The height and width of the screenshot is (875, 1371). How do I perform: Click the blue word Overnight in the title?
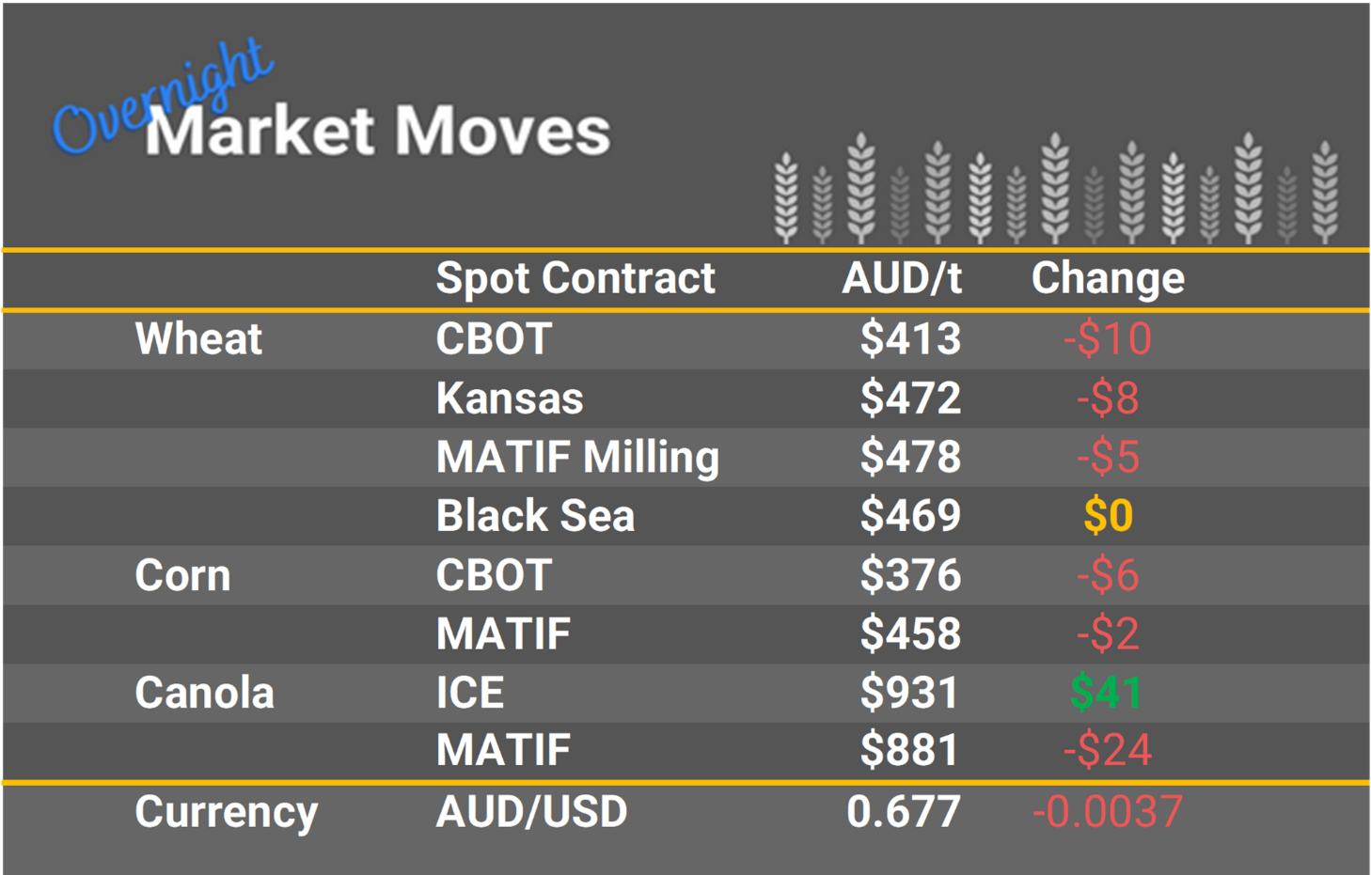160,99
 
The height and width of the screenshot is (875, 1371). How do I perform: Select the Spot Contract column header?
575,278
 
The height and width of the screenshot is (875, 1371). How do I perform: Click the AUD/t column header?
901,278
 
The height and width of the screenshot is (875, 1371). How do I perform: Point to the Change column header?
1107,278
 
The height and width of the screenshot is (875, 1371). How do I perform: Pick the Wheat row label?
198,339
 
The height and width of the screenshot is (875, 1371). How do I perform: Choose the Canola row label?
204,694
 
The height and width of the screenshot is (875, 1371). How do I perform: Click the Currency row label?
226,812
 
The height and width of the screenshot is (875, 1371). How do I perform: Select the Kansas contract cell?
509,398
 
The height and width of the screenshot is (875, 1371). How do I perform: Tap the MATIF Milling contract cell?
576,458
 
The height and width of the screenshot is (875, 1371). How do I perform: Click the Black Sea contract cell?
535,516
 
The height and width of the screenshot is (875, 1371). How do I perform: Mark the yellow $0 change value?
1108,516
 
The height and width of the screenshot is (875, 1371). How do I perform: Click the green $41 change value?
1106,694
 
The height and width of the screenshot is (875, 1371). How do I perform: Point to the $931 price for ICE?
909,694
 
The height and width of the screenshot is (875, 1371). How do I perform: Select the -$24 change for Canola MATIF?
1107,751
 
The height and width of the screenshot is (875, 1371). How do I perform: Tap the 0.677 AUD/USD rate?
903,812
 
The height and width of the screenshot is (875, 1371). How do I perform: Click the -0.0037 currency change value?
1107,812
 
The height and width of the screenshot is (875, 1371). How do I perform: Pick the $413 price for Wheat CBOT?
909,339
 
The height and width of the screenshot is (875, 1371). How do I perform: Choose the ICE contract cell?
469,694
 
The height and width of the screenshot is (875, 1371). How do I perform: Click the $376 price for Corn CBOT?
909,575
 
